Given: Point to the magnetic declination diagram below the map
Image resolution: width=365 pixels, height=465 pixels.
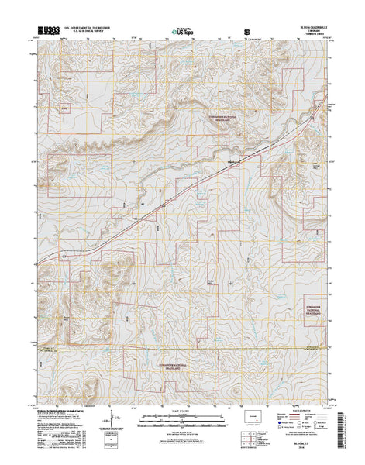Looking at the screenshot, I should [x=113, y=418].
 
